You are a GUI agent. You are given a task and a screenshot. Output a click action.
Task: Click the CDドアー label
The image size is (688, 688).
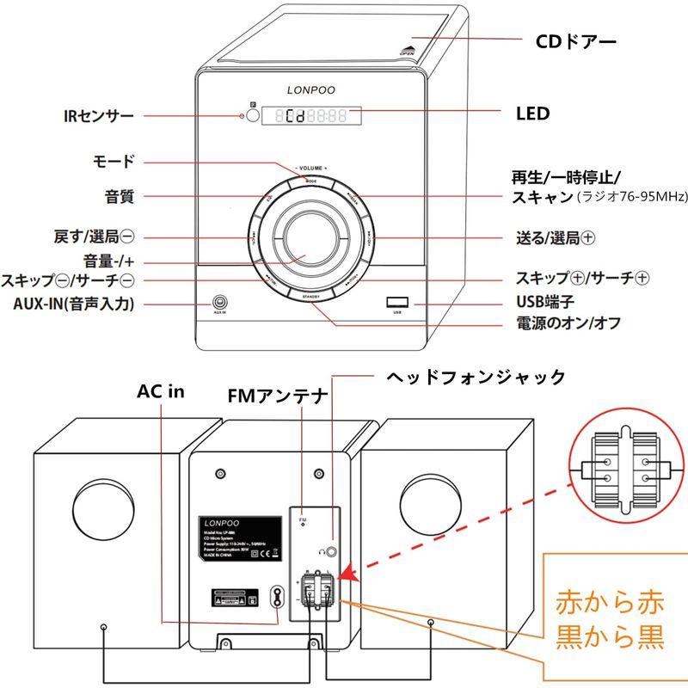[576, 40]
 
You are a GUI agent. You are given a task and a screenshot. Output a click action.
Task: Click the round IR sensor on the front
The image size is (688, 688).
[250, 115]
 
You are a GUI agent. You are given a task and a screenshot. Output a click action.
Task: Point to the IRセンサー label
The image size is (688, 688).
[98, 115]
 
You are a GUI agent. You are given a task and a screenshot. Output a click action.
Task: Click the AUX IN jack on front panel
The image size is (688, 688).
[220, 303]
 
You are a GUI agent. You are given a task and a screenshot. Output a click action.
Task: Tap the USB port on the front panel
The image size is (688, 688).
[396, 302]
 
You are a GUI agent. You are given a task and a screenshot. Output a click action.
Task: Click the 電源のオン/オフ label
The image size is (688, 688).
[568, 324]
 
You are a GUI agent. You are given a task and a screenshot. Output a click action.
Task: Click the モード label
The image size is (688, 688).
[113, 161]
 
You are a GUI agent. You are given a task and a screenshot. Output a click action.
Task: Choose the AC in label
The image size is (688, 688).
[161, 392]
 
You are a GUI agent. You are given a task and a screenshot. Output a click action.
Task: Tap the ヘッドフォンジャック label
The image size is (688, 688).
[475, 376]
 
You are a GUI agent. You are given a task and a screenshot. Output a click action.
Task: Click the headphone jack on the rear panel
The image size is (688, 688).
[330, 544]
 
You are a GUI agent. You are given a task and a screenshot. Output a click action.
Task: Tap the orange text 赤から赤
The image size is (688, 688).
[609, 599]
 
